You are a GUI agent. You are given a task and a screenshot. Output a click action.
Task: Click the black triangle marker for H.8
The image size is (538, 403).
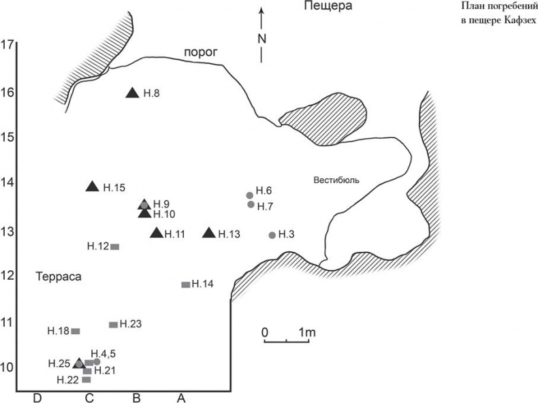coord(132,93)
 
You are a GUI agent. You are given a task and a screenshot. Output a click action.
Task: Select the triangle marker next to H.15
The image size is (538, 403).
coord(92,187)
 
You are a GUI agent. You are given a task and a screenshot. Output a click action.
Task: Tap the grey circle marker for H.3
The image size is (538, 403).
coord(272,236)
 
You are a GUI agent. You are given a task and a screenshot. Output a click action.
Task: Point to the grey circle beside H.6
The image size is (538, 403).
coord(250,195)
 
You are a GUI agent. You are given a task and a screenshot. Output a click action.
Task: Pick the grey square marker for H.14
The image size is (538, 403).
coord(186,285)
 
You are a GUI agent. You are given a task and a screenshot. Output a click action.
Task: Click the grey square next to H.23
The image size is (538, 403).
coord(113,325)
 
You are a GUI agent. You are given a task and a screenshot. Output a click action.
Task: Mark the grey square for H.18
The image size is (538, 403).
coord(76,332)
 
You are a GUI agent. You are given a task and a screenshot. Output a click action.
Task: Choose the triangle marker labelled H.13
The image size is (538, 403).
coord(209,233)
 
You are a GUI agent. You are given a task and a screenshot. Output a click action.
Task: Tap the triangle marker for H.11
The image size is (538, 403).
coord(157,233)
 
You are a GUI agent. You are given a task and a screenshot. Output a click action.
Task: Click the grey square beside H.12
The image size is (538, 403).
coord(114,247)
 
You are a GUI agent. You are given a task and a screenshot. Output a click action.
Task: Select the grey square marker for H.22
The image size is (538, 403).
coord(86,380)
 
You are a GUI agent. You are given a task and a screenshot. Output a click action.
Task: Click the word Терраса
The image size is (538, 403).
coord(59,277)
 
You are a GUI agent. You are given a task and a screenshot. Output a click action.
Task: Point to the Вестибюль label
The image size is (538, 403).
coord(336,180)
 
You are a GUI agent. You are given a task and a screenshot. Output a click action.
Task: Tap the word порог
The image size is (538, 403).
coord(201,53)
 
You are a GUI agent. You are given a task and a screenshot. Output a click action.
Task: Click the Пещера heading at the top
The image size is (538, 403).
coord(328,6)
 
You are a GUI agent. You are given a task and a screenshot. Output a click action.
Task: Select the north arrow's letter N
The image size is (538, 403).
coord(262,39)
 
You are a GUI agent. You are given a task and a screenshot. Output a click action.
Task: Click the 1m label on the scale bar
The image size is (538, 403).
coord(306,332)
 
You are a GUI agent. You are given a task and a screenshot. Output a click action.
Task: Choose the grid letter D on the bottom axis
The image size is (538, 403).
coord(37,398)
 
